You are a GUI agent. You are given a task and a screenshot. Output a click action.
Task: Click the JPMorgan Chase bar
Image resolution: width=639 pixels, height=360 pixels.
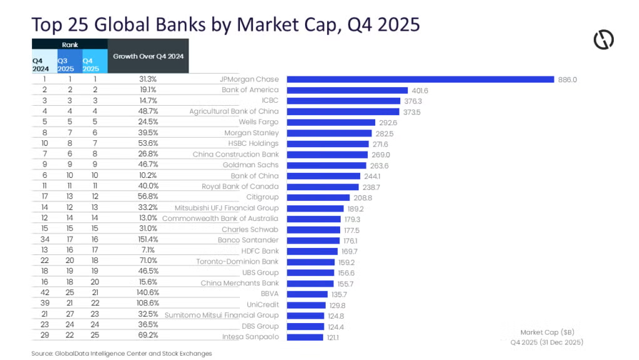point(420,80)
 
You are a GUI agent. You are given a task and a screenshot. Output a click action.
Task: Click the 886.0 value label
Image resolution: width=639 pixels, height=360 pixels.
point(568,80)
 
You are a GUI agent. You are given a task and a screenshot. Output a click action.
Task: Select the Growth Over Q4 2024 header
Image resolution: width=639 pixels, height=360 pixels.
point(148,56)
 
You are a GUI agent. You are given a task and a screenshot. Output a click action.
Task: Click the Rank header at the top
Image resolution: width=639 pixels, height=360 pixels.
point(70,45)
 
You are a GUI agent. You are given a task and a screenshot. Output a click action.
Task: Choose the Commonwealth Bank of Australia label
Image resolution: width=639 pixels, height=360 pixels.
point(220,219)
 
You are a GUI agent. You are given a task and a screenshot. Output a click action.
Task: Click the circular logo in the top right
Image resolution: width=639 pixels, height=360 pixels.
point(603,39)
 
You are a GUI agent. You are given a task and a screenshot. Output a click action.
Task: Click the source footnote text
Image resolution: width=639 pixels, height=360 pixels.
point(122,354)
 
